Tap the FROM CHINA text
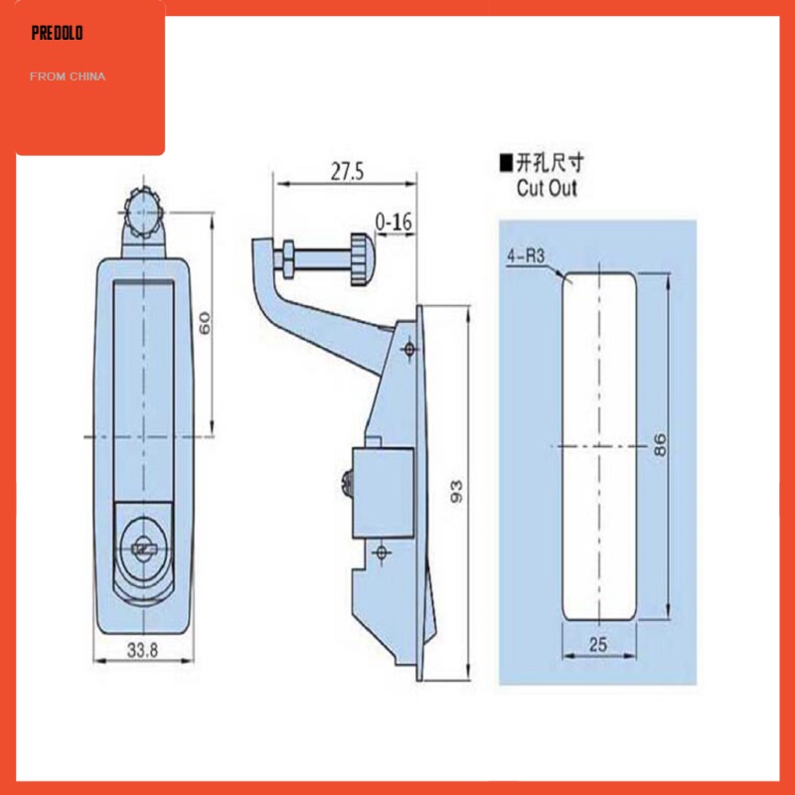[69, 77]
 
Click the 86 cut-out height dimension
[660, 443]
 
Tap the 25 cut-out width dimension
[596, 644]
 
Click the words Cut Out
[546, 188]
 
